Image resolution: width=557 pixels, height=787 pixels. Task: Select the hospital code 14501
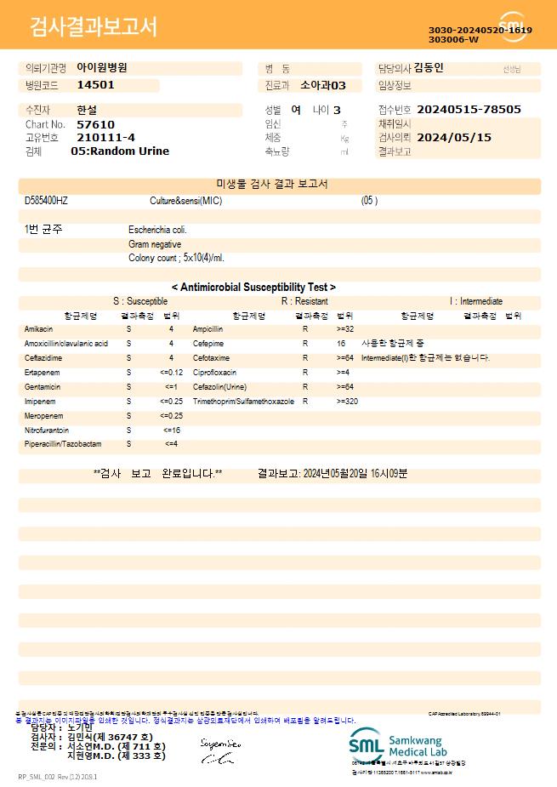(x=95, y=85)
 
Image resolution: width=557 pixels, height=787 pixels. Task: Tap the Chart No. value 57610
(x=95, y=124)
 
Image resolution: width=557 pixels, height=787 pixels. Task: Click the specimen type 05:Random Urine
(x=120, y=151)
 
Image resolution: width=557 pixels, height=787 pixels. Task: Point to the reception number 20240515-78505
(x=469, y=110)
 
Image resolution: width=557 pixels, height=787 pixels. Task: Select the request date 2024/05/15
(x=454, y=137)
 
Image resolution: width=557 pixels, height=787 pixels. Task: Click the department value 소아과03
(x=324, y=85)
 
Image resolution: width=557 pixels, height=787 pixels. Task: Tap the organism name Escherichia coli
(x=158, y=230)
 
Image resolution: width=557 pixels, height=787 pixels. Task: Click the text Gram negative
(x=155, y=244)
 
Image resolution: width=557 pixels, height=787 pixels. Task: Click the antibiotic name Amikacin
(x=39, y=328)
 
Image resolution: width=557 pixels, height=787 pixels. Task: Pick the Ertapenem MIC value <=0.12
(x=171, y=373)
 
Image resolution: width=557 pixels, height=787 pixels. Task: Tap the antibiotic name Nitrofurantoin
(x=47, y=431)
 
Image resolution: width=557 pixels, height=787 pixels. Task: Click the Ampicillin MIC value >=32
(x=345, y=328)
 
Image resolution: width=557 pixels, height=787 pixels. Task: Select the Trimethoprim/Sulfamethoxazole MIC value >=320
(x=347, y=401)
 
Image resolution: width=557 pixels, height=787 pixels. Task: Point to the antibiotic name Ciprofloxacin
(x=214, y=373)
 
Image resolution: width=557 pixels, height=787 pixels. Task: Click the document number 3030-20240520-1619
(x=480, y=31)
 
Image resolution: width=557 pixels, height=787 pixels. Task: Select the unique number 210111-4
(x=105, y=137)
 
